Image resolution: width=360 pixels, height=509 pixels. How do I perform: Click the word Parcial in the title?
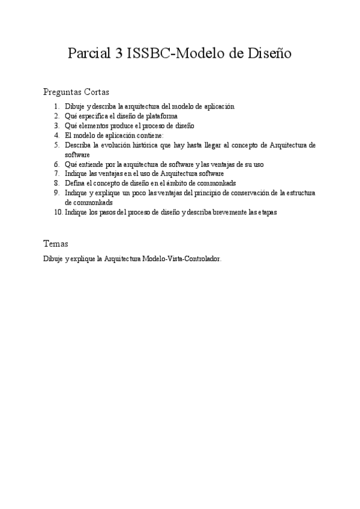coord(88,53)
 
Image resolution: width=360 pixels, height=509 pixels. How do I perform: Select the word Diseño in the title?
coord(269,53)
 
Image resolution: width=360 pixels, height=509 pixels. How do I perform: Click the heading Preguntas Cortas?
coord(76,92)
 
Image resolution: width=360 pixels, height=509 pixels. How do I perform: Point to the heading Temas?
coord(56,244)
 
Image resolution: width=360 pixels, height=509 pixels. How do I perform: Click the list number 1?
coord(56,106)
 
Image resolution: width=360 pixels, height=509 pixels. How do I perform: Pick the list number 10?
coord(55,212)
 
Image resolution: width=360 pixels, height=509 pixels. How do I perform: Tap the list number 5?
coord(56,145)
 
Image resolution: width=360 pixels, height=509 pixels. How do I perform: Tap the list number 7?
coord(56,173)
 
